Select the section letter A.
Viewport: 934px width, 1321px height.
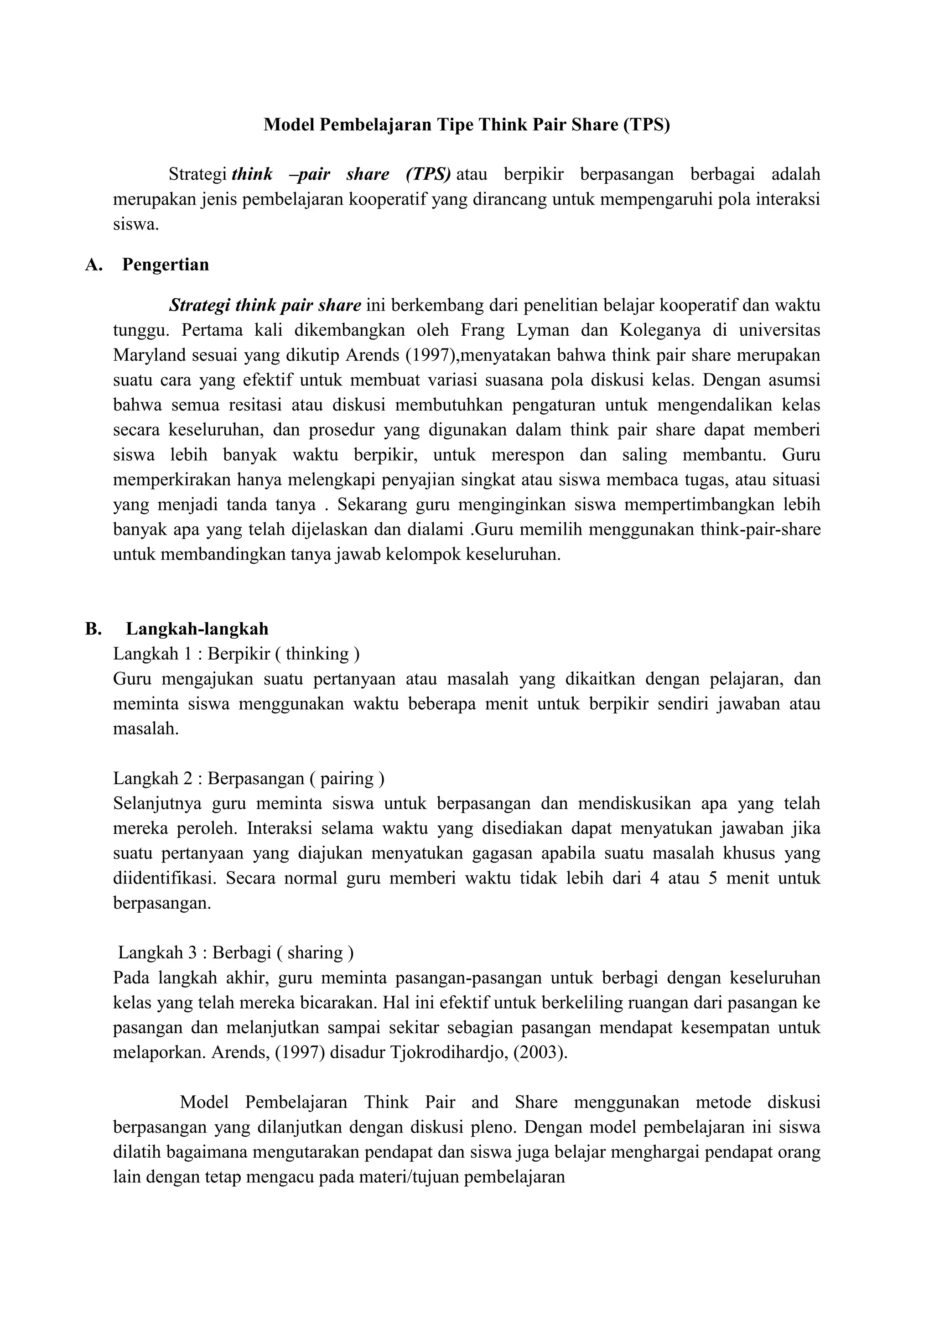tap(93, 265)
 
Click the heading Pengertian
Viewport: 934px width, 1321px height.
tap(166, 265)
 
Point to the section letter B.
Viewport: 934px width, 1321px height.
tap(93, 629)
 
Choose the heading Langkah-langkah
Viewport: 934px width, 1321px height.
tap(197, 629)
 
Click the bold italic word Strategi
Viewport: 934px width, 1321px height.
tap(200, 306)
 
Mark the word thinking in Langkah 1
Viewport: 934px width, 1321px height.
tap(317, 654)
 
